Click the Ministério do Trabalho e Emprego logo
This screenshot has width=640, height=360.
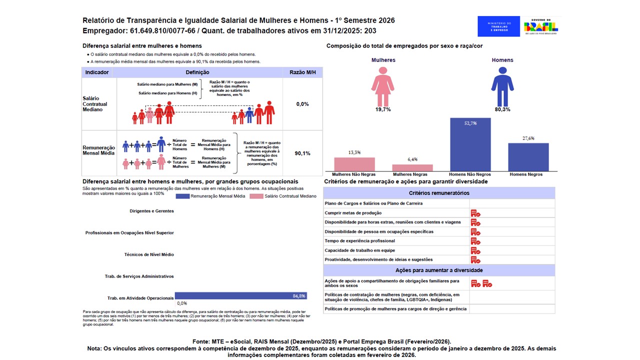coord(498,26)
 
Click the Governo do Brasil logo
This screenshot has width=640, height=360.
coord(540,26)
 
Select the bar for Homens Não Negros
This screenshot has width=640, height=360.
coord(470,144)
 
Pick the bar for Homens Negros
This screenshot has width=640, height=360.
coord(528,157)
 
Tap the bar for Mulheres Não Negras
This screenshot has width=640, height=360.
coord(354,164)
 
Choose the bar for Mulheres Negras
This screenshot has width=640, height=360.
coord(412,167)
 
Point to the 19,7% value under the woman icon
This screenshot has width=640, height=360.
coord(383,109)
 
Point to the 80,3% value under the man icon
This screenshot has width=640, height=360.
coord(502,109)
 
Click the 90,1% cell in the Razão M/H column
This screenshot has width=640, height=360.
coord(302,153)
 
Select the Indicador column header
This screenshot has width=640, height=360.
coord(97,72)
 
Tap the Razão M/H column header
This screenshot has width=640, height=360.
coord(302,72)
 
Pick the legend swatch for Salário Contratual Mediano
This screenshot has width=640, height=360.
coord(256,196)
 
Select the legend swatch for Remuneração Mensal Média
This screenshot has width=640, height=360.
coord(182,196)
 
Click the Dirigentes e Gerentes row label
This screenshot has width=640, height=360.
coord(151,211)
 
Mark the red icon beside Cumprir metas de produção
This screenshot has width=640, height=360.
coord(475,213)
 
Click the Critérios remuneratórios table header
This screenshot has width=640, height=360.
coord(439,193)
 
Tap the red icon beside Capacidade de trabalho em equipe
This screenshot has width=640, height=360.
coord(475,250)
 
